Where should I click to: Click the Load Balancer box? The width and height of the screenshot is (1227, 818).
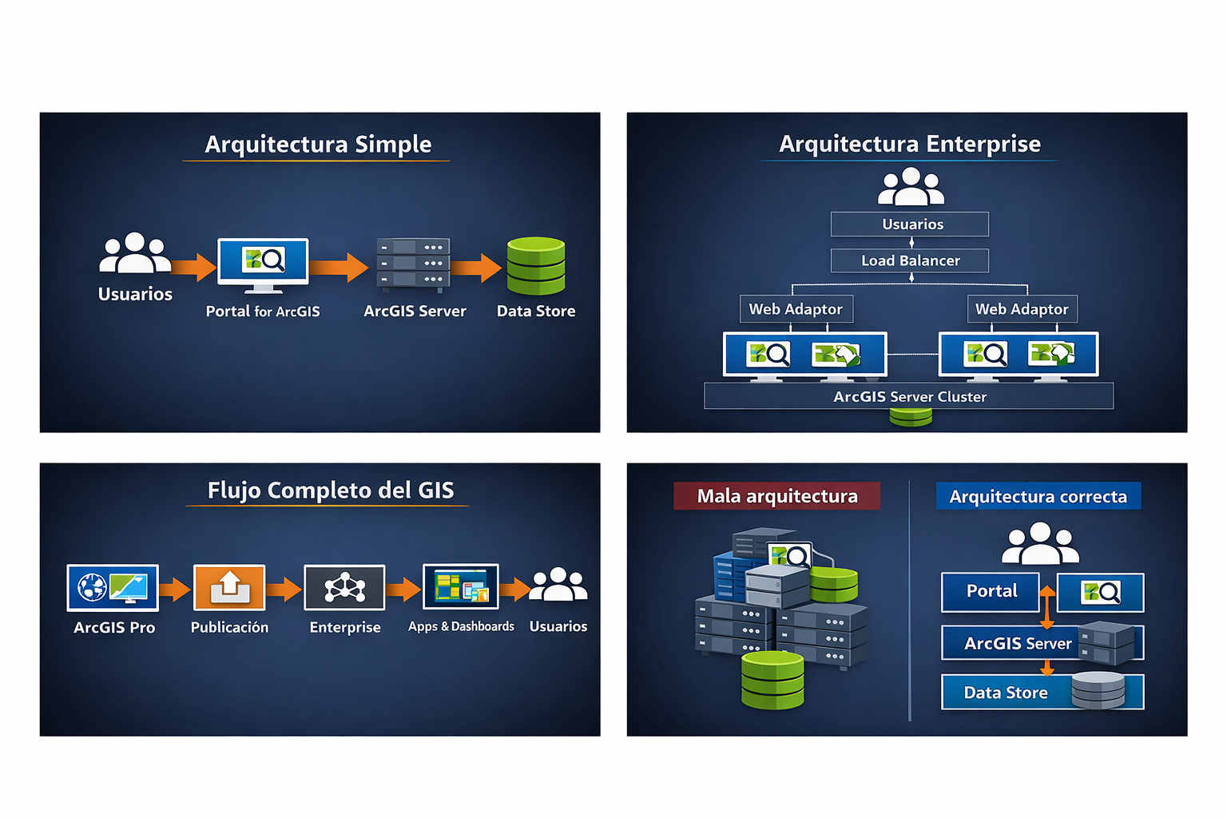[910, 260]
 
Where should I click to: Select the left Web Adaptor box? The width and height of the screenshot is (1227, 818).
[796, 309]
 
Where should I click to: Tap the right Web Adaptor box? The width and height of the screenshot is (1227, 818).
[1022, 309]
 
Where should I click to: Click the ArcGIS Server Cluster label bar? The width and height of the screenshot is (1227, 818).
[909, 396]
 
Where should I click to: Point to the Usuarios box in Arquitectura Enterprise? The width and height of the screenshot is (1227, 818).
[910, 224]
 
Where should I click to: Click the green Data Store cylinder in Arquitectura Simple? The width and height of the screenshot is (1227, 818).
[536, 266]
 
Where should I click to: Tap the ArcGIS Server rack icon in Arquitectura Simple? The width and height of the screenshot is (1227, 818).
[413, 263]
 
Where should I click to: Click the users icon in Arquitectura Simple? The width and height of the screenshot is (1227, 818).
[134, 254]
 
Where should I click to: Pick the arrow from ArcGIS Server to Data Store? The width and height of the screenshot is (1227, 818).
[478, 268]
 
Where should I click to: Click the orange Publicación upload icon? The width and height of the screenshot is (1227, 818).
[229, 588]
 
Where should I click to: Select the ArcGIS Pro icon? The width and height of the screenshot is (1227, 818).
[113, 588]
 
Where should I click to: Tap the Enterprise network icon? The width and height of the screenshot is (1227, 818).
[344, 588]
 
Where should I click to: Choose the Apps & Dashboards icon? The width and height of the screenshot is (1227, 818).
[461, 586]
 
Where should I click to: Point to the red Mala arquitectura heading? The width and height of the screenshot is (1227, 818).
[776, 496]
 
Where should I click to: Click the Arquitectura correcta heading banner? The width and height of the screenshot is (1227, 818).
[1038, 496]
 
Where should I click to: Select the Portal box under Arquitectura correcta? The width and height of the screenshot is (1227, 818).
[991, 592]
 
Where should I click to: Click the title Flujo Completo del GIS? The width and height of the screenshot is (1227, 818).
[331, 490]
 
